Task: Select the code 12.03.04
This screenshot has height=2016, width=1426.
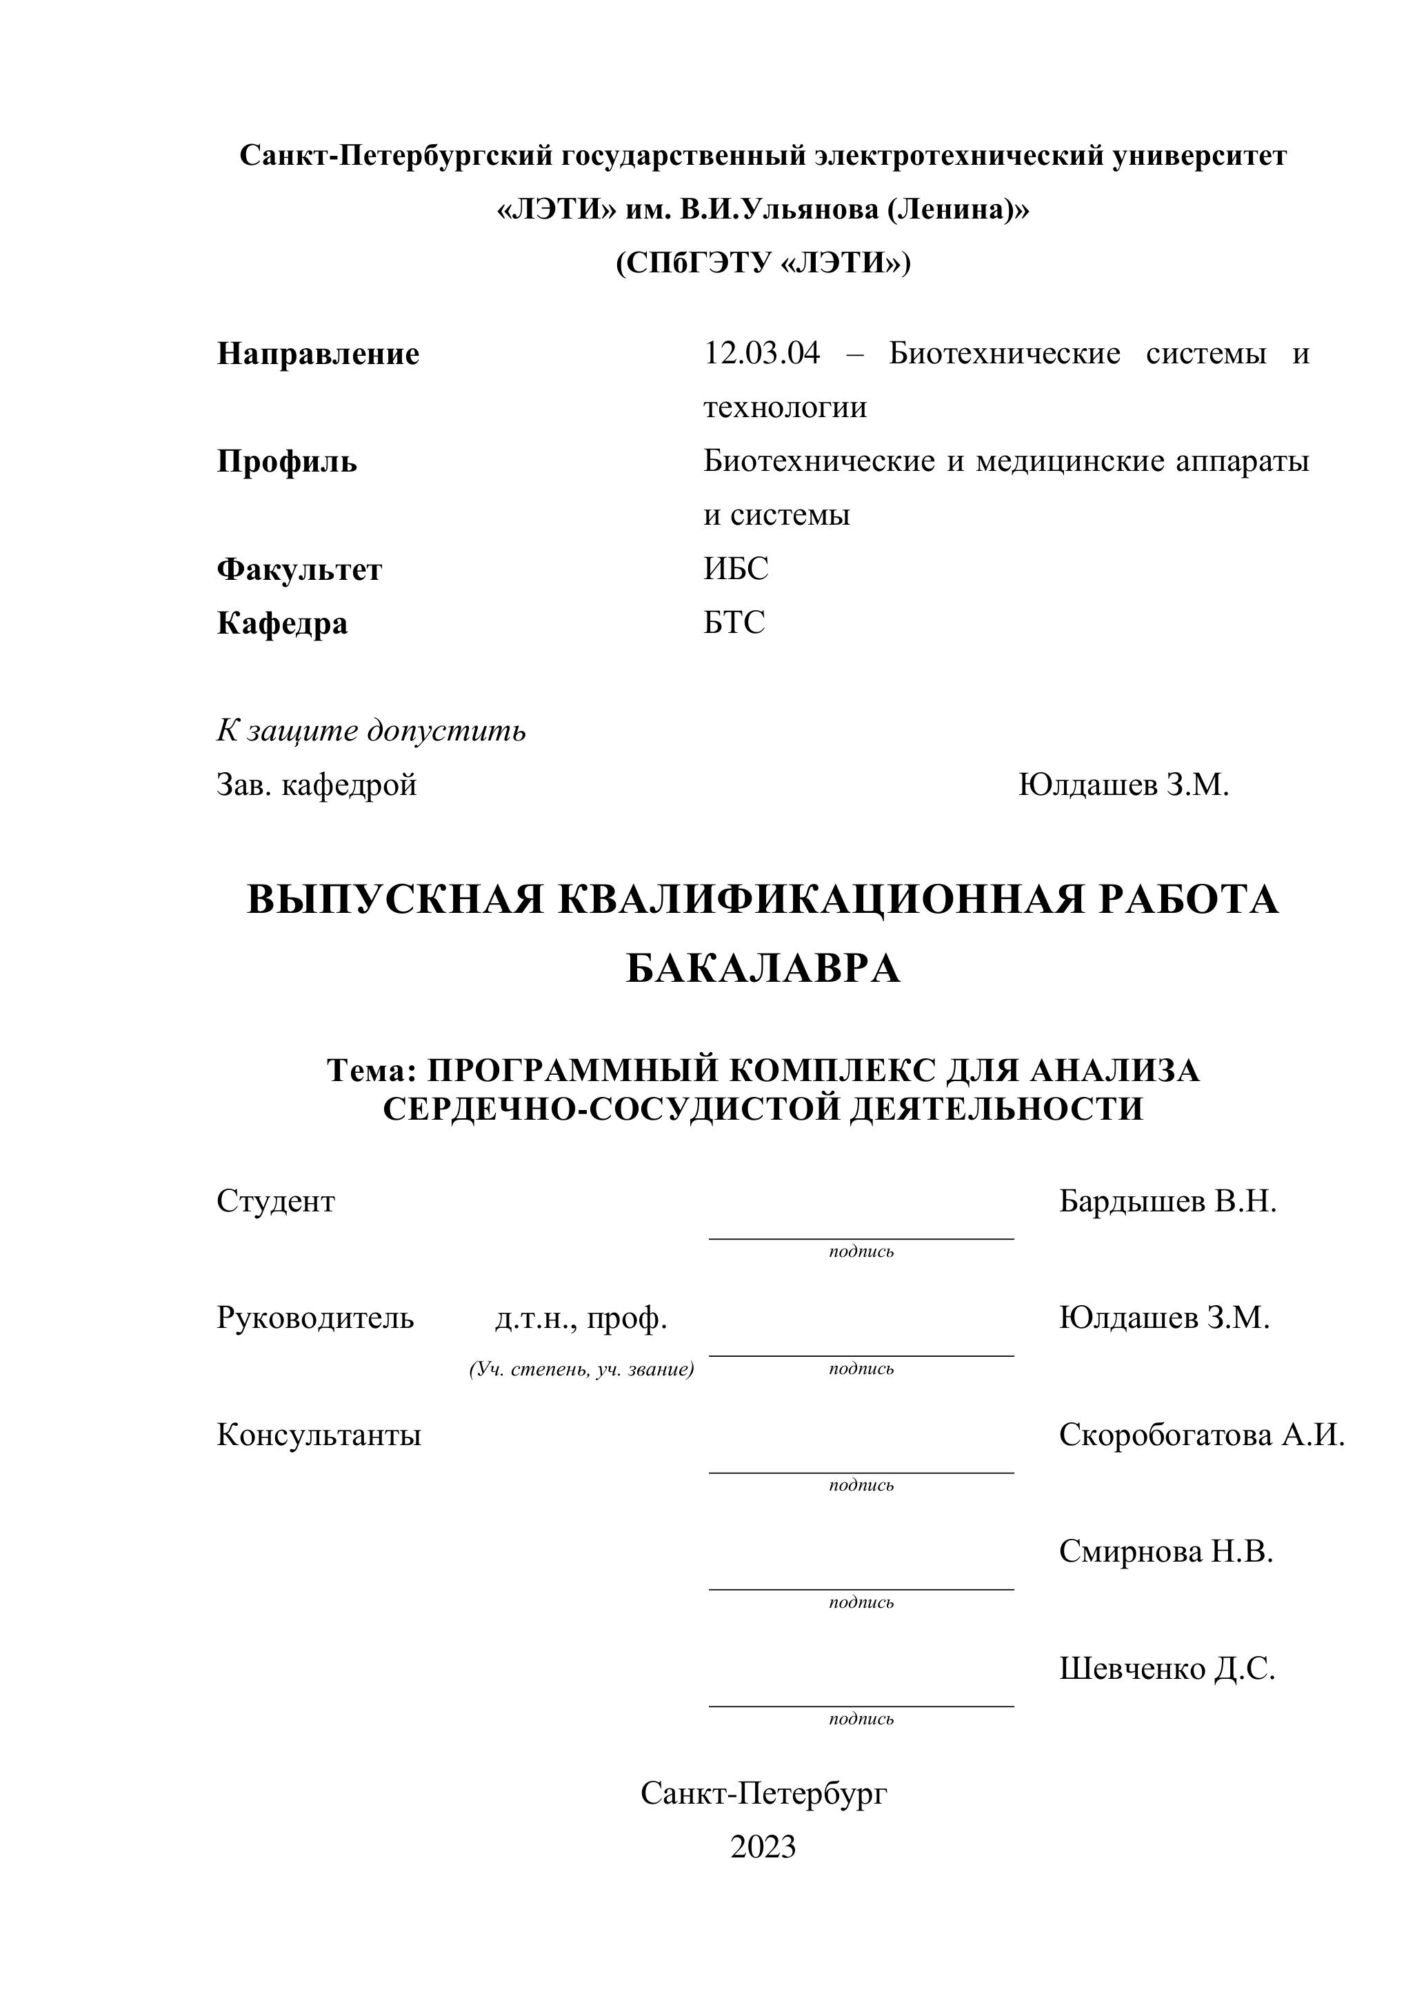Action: [x=761, y=353]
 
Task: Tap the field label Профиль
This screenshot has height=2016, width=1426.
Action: [x=287, y=461]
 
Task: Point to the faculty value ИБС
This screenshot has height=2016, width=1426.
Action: [x=735, y=569]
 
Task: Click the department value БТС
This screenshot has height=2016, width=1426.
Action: [x=734, y=623]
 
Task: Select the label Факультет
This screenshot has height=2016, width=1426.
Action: [x=299, y=570]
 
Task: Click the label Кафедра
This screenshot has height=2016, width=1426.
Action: [x=282, y=623]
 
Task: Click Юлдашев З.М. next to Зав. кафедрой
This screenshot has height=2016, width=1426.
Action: [x=1123, y=784]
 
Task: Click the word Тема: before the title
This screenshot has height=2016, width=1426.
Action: [x=370, y=1070]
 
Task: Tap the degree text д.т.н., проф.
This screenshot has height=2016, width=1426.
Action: [x=581, y=1318]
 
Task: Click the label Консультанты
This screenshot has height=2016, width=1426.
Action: [x=319, y=1435]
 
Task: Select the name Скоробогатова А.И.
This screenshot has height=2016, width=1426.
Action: [x=1201, y=1435]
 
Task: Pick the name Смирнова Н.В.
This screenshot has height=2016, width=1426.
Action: [x=1165, y=1551]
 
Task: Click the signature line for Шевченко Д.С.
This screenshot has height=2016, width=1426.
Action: [x=861, y=1705]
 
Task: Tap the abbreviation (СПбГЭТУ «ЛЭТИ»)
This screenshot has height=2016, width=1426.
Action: [x=763, y=263]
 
